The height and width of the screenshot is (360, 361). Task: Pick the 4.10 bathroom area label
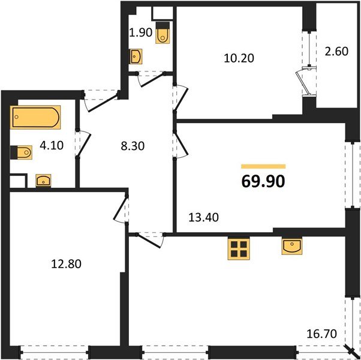(50, 144)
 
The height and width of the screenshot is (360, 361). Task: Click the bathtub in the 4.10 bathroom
(35, 118)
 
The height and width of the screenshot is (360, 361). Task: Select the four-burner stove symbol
(238, 250)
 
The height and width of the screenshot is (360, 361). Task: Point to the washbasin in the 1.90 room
(136, 57)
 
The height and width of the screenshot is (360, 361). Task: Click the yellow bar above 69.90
(263, 166)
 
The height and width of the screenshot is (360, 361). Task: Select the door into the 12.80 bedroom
(124, 210)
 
